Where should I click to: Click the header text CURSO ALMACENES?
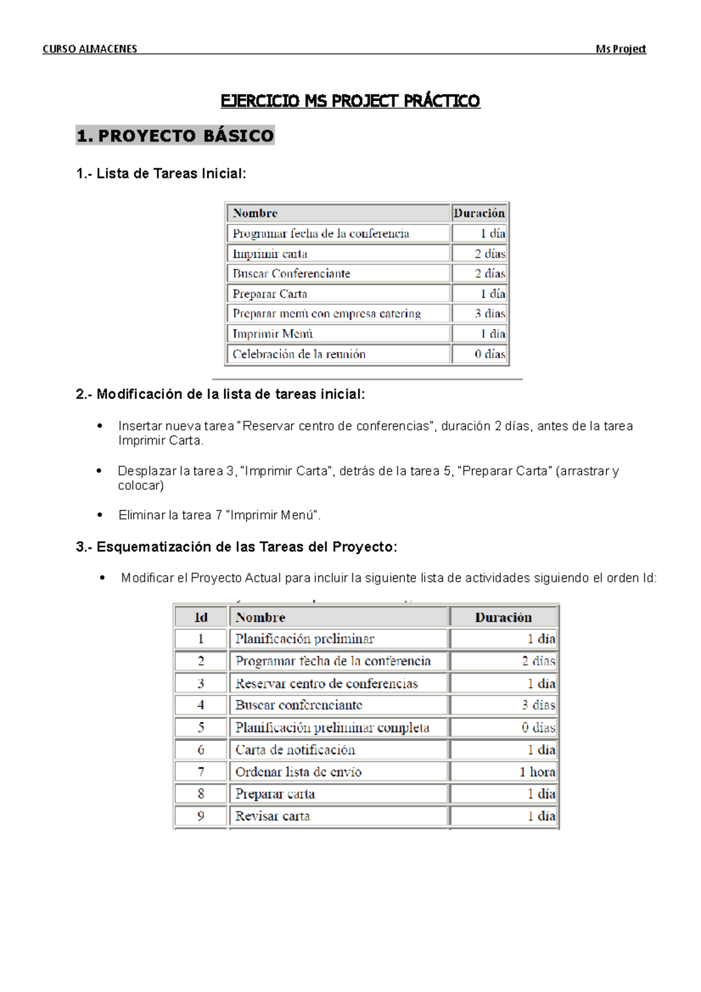point(89,49)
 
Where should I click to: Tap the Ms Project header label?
point(620,49)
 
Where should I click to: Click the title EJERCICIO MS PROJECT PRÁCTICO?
point(350,101)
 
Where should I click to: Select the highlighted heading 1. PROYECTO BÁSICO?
point(175,136)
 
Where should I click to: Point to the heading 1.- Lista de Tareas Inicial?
point(161,174)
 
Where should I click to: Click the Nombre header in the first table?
point(255,213)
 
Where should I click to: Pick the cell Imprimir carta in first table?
point(269,254)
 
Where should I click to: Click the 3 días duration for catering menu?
point(490,314)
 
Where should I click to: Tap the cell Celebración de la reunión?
point(299,354)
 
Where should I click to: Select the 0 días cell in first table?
point(490,354)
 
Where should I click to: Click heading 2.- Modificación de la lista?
point(220,394)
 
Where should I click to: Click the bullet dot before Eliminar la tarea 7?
point(100,515)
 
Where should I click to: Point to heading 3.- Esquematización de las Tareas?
point(236,547)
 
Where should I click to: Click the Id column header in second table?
point(200,618)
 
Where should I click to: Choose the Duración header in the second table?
point(503,618)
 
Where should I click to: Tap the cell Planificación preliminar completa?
point(332,727)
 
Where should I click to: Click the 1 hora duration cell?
point(537,772)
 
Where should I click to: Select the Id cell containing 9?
point(200,816)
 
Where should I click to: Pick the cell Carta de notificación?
point(295,750)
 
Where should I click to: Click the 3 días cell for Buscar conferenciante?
point(538,705)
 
